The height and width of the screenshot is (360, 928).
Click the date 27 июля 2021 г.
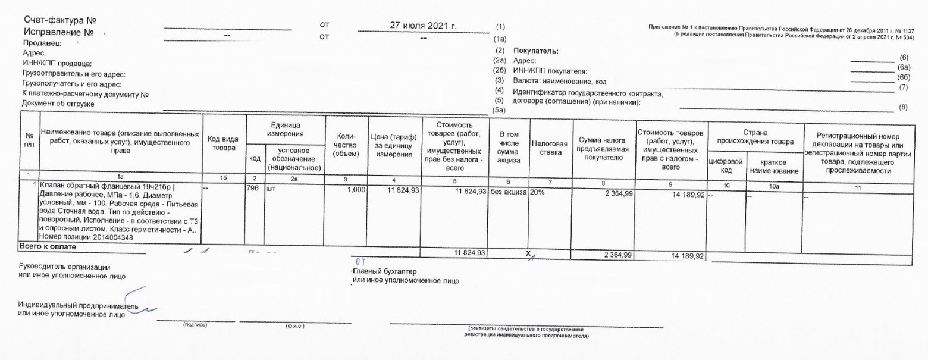(x=422, y=26)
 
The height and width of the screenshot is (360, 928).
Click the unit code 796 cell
(x=252, y=187)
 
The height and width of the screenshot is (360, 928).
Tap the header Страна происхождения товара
(x=755, y=137)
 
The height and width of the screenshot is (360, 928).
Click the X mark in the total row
(x=528, y=254)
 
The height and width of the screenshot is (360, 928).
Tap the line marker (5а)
(x=500, y=110)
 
